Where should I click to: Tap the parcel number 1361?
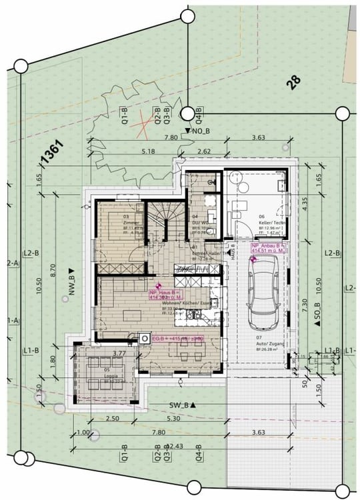click(x=51, y=152)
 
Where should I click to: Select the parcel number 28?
click(x=293, y=82)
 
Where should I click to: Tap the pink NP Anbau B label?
click(x=268, y=248)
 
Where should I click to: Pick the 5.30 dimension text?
click(x=174, y=419)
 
